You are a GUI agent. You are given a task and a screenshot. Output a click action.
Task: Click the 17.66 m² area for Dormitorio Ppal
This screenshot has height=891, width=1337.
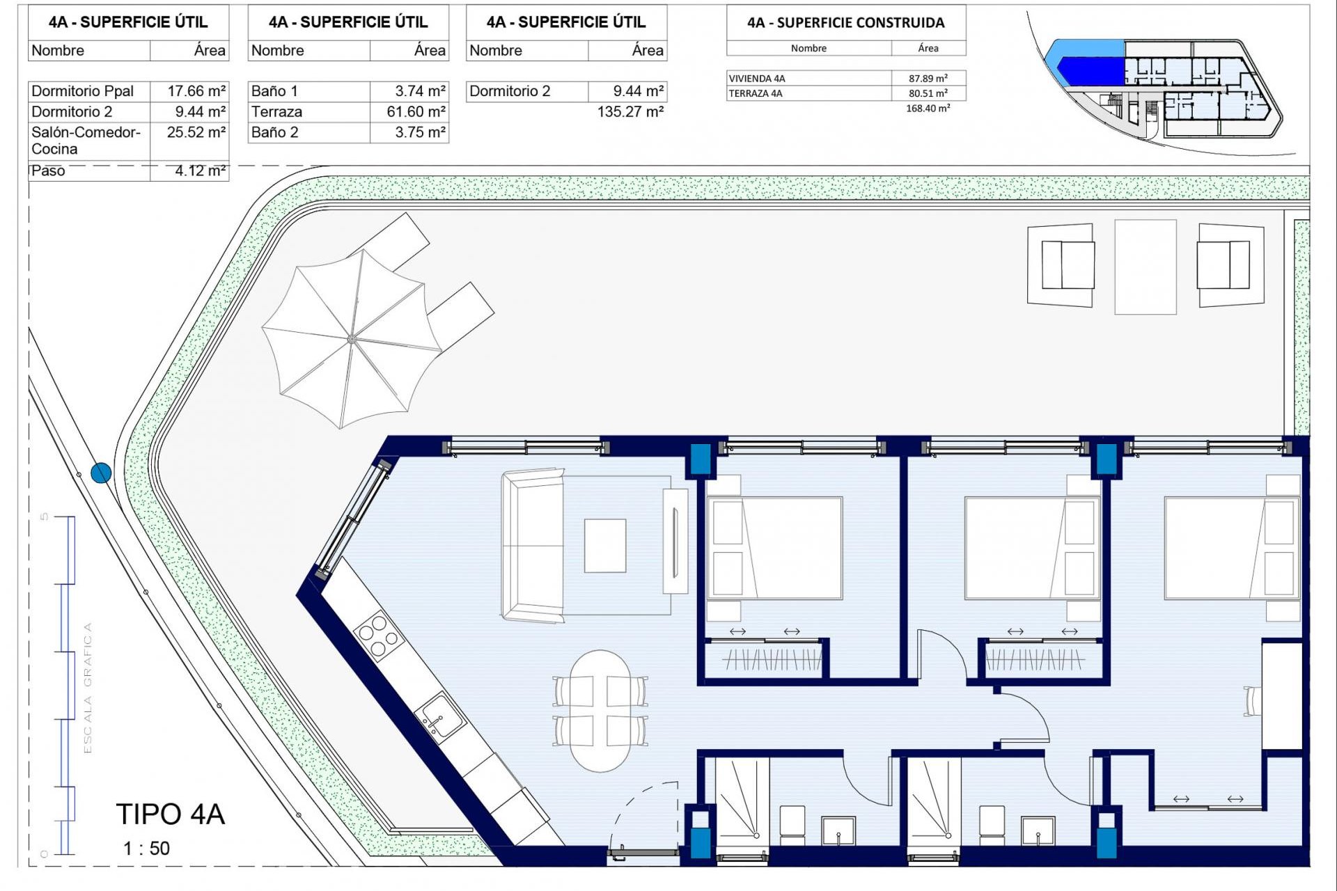click(196, 91)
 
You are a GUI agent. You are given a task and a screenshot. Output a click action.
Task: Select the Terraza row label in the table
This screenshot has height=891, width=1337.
click(276, 112)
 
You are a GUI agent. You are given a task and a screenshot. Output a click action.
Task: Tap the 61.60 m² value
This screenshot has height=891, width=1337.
click(416, 112)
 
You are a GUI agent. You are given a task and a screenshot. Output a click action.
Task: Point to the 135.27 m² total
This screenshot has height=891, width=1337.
click(630, 112)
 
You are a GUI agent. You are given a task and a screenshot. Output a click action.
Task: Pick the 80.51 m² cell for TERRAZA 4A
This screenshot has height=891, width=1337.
click(927, 93)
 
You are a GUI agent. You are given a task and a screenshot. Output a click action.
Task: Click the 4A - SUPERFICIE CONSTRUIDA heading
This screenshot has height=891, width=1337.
click(845, 23)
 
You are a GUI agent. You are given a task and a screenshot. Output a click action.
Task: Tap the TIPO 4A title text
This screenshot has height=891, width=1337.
click(170, 814)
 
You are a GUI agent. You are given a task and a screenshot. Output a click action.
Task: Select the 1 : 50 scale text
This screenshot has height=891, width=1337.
click(146, 849)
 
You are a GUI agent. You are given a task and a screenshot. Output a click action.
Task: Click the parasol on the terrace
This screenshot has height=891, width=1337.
click(352, 339)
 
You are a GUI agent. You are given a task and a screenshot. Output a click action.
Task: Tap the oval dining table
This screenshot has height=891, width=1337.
click(600, 711)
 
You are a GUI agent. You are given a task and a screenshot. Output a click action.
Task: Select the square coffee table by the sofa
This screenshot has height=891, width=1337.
click(604, 546)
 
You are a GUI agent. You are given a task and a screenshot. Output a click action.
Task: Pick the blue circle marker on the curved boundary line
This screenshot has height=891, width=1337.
click(101, 473)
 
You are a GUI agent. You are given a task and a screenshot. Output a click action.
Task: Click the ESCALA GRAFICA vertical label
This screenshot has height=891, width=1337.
click(88, 688)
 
